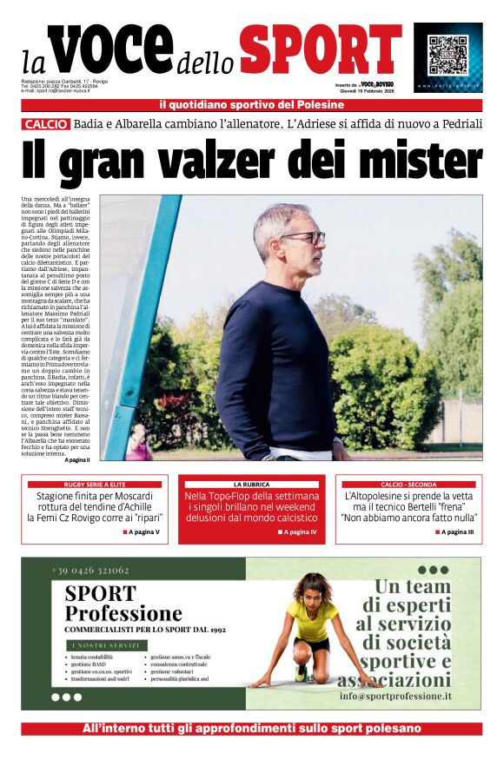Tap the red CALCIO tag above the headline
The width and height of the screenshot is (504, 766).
46,124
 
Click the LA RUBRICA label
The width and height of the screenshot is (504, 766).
251,484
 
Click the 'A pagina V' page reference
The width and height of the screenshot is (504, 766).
141,532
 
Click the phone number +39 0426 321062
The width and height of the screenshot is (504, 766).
90,570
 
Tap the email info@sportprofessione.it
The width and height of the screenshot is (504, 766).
395,697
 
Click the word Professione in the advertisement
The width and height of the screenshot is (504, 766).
123,614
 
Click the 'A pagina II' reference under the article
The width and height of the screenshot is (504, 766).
83,459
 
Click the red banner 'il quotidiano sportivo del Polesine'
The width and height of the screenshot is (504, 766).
251,105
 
